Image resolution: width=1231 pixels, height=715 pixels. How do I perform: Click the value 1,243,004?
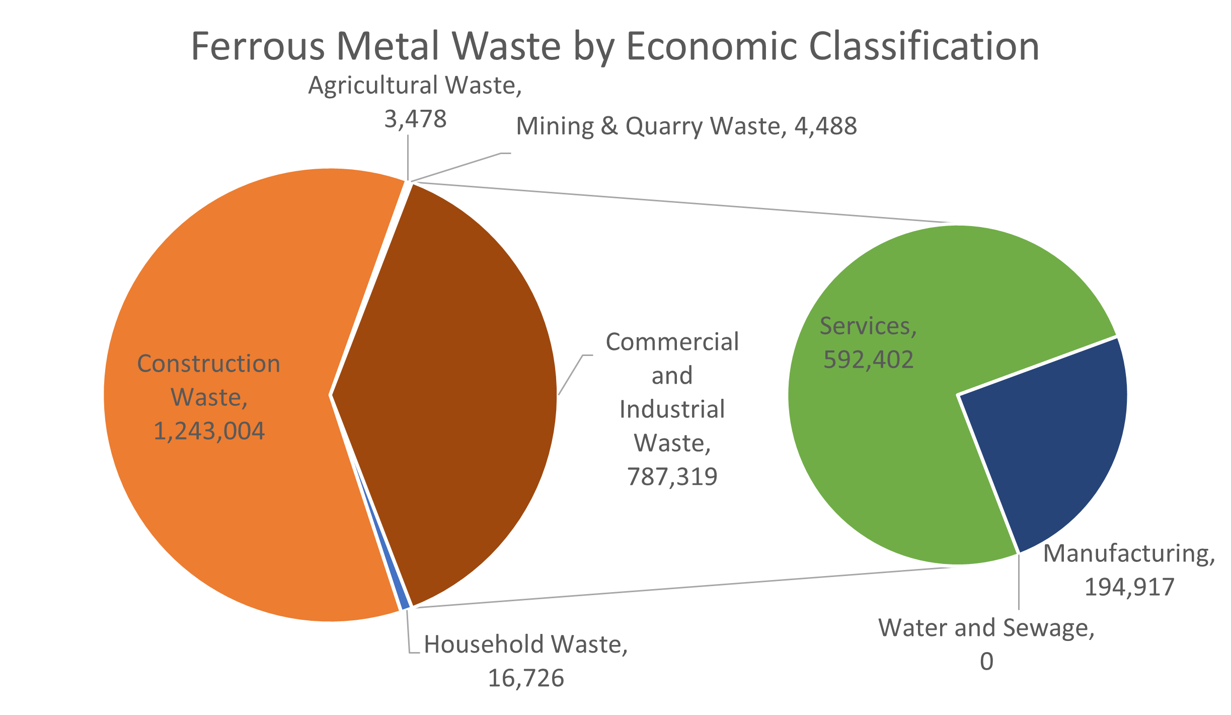point(209,432)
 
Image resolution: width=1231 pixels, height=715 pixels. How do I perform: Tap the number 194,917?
point(1129,587)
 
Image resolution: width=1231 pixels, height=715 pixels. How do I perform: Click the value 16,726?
point(526,679)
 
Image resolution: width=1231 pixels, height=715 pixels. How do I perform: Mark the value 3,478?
point(415,119)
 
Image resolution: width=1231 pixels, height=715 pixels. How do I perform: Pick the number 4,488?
point(825,126)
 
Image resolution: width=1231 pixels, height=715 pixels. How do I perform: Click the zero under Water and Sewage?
point(986,662)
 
